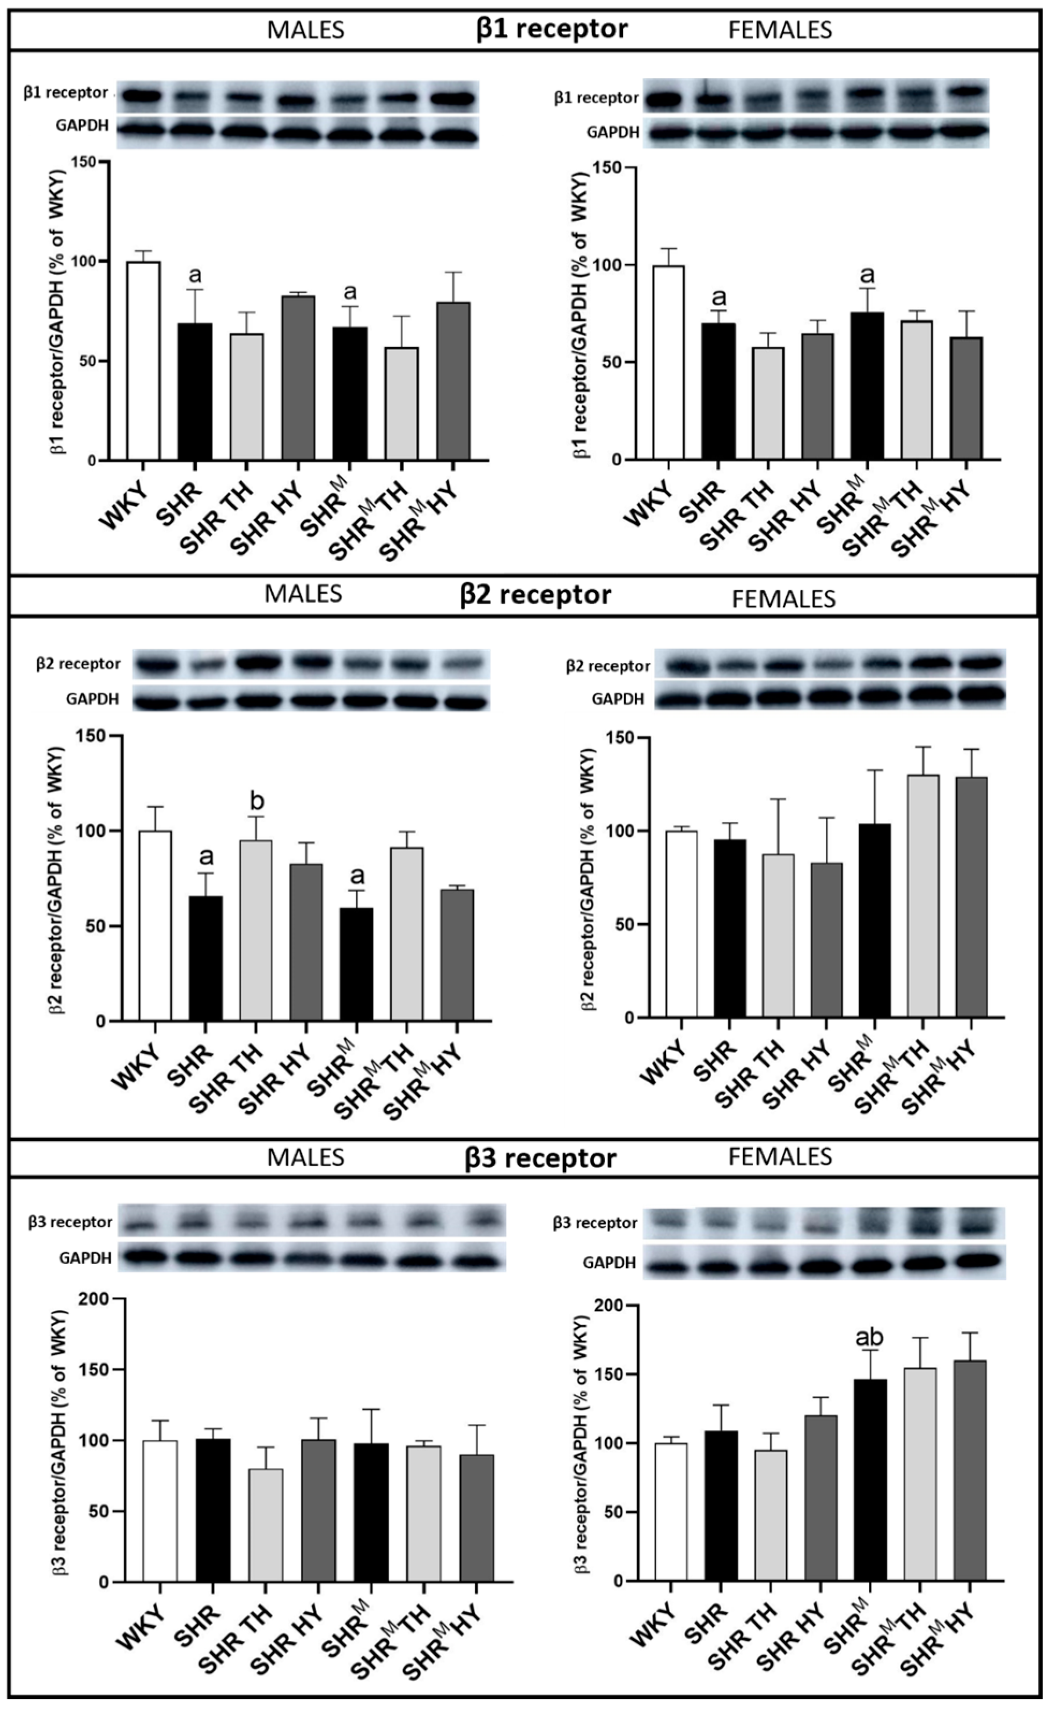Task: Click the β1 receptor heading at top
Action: [552, 29]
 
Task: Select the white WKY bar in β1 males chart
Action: [143, 361]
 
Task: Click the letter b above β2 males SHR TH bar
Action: [256, 802]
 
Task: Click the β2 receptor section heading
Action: [536, 595]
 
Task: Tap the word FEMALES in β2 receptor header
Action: [783, 598]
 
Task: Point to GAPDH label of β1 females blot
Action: [613, 132]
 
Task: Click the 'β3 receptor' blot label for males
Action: [70, 1222]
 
